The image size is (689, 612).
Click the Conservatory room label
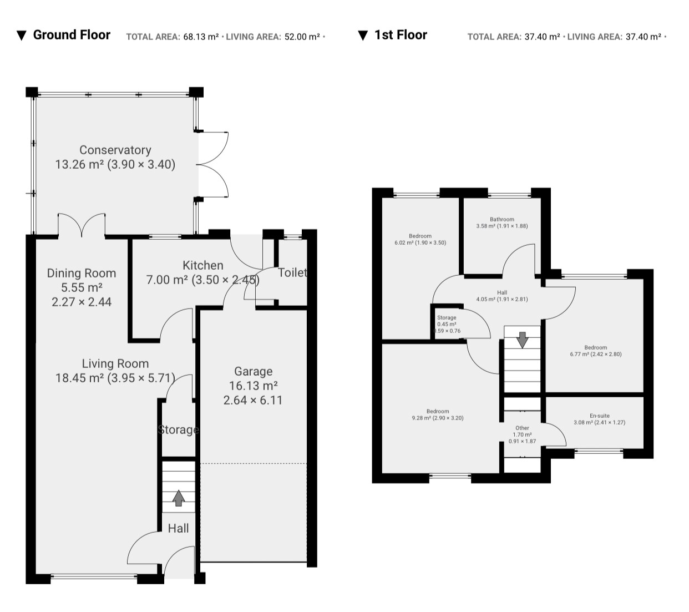[x=115, y=150]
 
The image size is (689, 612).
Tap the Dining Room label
[x=82, y=273]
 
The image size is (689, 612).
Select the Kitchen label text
[x=202, y=265]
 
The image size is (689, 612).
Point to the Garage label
[x=254, y=372]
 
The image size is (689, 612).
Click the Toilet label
[x=293, y=272]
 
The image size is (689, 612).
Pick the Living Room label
[x=115, y=363]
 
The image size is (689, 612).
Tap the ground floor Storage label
[x=178, y=429]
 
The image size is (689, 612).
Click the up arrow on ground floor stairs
[x=179, y=498]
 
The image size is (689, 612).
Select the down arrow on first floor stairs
[x=523, y=340]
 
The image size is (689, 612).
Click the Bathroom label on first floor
[x=502, y=219]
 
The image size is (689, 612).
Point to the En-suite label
[x=600, y=416]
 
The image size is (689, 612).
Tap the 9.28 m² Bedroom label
[x=438, y=411]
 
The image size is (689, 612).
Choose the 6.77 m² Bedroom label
[x=595, y=347]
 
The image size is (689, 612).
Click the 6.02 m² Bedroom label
[x=420, y=236]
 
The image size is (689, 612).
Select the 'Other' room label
[x=523, y=428]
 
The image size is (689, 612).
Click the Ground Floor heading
[x=72, y=35]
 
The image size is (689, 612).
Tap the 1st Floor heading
[x=401, y=35]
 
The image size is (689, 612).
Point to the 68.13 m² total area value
[x=201, y=37]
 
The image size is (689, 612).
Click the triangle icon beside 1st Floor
[x=363, y=36]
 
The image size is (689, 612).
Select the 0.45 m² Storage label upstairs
[x=447, y=317]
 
